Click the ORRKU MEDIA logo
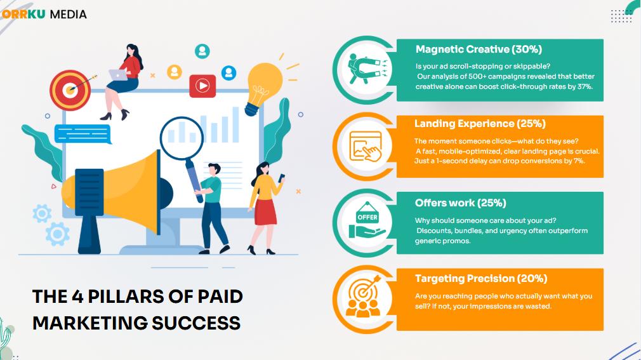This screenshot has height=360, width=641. pyautogui.click(x=44, y=15)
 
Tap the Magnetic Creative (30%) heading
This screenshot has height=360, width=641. pyautogui.click(x=479, y=50)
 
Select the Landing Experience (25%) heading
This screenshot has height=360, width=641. pyautogui.click(x=480, y=124)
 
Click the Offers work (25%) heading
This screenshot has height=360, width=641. pyautogui.click(x=460, y=203)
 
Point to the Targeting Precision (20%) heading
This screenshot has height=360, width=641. pyautogui.click(x=481, y=279)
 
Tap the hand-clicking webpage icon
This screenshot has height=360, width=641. pyautogui.click(x=366, y=146)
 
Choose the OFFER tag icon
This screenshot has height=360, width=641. pyautogui.click(x=367, y=220)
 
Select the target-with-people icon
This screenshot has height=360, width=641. pyautogui.click(x=364, y=296)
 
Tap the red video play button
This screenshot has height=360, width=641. pyautogui.click(x=202, y=86)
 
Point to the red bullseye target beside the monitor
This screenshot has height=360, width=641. pyautogui.click(x=70, y=90)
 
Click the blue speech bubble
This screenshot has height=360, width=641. pyautogui.click(x=83, y=134)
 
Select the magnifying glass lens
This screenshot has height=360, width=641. pyautogui.click(x=182, y=137)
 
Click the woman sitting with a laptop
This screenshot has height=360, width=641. pyautogui.click(x=122, y=82)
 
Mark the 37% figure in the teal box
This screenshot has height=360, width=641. pyautogui.click(x=585, y=86)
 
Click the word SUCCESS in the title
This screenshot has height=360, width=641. pyautogui.click(x=196, y=323)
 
